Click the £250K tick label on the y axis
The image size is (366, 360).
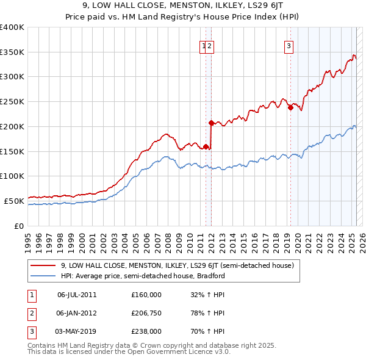coord(12,102)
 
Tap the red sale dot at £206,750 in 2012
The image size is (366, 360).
coord(211,123)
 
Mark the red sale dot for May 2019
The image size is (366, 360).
coord(290,108)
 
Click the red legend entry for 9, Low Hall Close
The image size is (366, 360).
coord(178,265)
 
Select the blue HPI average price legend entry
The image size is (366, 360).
coord(143,276)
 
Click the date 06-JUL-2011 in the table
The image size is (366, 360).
coord(77,295)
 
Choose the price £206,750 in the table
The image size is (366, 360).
coord(146,313)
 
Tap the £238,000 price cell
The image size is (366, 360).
coord(146,331)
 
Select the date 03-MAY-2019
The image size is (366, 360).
coord(77,331)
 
